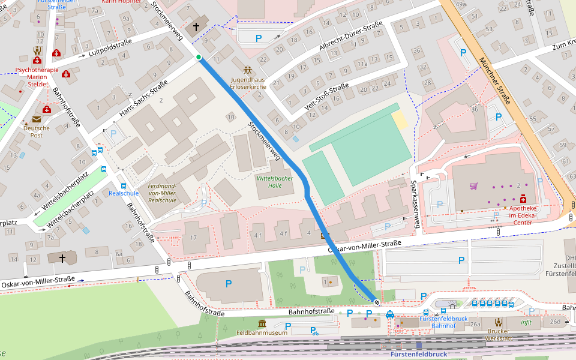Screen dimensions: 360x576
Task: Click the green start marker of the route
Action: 199,58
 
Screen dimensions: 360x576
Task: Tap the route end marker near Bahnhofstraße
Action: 377,302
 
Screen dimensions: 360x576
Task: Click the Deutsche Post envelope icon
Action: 37,119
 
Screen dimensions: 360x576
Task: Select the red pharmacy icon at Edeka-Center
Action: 523,199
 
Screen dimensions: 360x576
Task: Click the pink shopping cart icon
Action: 473,186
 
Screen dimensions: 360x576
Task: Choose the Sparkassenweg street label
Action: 415,205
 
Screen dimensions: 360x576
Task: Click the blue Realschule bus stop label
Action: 124,193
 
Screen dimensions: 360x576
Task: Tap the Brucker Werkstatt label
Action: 498,335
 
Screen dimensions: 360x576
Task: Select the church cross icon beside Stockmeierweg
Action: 196,27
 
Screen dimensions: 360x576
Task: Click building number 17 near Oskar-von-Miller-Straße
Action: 193,237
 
